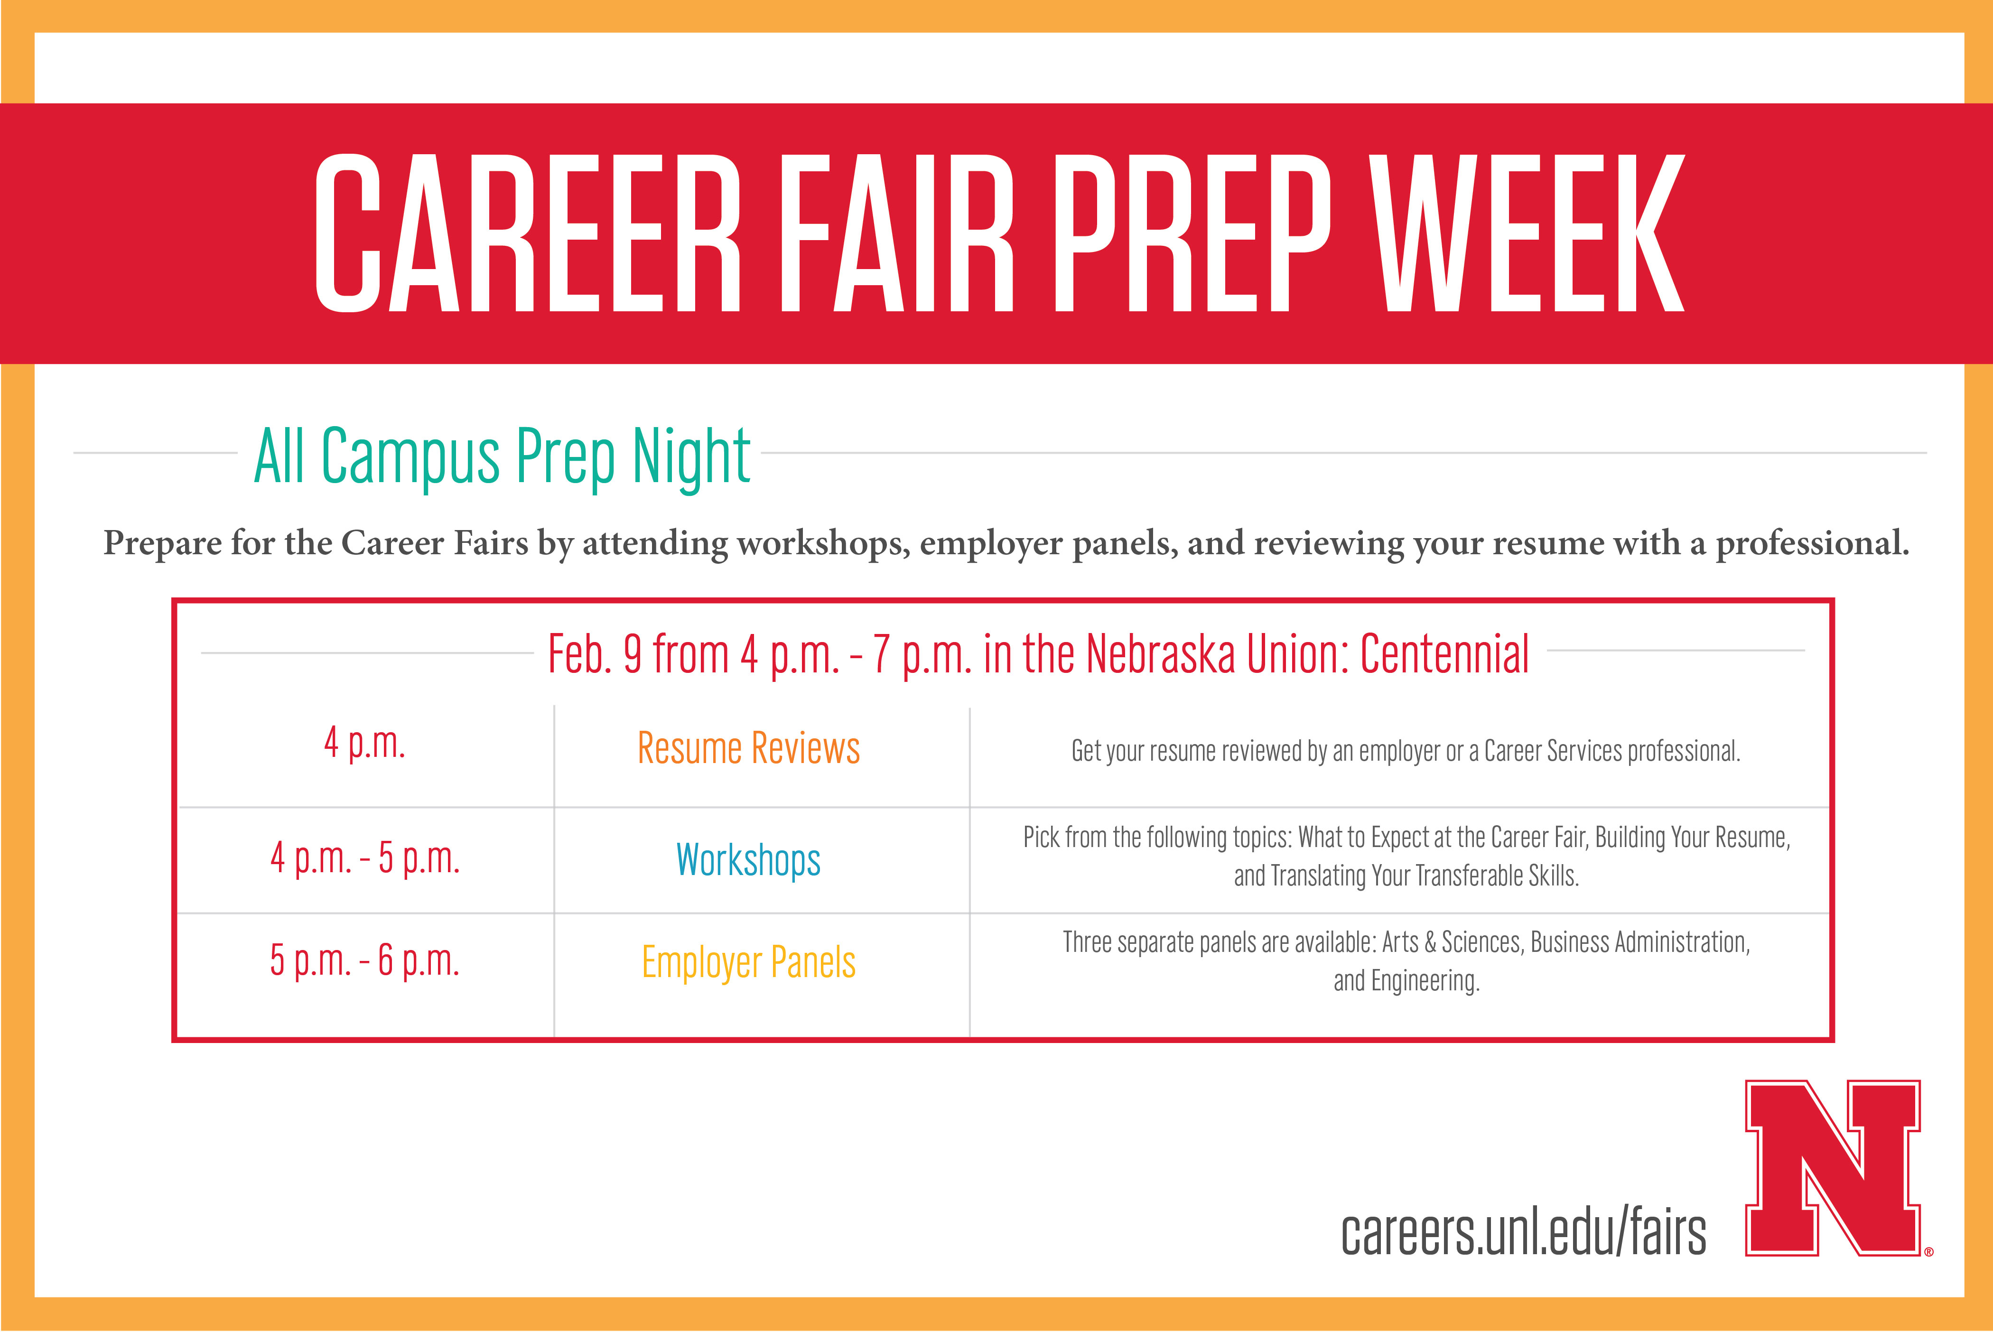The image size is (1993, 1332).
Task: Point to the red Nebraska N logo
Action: tap(1833, 1167)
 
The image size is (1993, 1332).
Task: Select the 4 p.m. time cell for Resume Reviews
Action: tap(364, 743)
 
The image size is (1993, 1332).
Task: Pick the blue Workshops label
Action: tap(748, 860)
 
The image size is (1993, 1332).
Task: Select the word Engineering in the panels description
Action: tap(1425, 982)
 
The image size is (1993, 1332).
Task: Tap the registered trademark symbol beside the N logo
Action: tap(1928, 1251)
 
